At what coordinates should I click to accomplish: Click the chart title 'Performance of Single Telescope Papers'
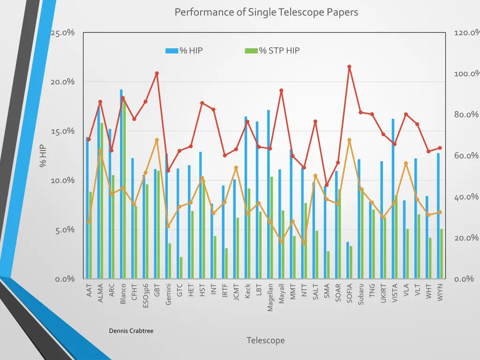pos(266,12)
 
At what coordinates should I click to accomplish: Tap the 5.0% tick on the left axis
pos(64,230)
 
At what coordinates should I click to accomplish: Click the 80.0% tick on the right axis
pos(466,115)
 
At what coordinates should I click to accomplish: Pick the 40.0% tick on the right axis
pos(466,197)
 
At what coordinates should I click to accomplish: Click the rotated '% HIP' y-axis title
pos(43,156)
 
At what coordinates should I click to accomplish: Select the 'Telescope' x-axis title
pos(265,340)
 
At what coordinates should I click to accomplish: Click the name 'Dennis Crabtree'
pos(131,331)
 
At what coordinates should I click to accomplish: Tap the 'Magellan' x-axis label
pos(270,297)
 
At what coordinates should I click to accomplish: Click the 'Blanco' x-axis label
pos(123,294)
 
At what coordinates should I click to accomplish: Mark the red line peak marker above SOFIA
pos(349,67)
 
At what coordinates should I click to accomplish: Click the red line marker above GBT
pos(157,73)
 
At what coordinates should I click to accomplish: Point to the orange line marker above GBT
pos(157,140)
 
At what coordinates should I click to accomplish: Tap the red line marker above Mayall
pos(281,90)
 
